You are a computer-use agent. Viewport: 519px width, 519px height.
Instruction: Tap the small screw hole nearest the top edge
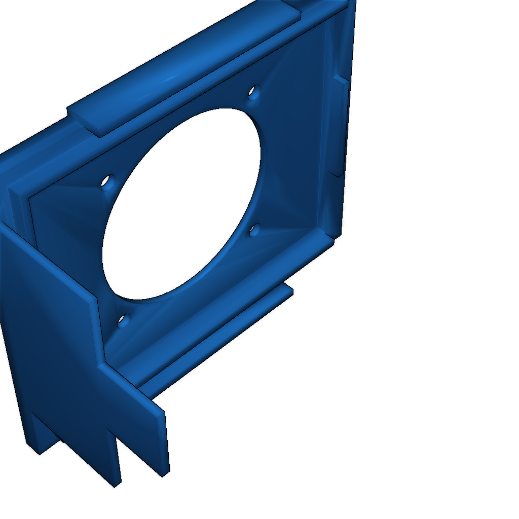tap(253, 93)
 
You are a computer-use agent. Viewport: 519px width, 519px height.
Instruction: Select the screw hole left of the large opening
tap(108, 181)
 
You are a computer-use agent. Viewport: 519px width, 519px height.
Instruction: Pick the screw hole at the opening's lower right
tap(255, 231)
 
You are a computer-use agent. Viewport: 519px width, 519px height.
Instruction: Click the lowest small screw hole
tap(123, 320)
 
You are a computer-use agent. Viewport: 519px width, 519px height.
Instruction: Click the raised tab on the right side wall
tap(340, 127)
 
